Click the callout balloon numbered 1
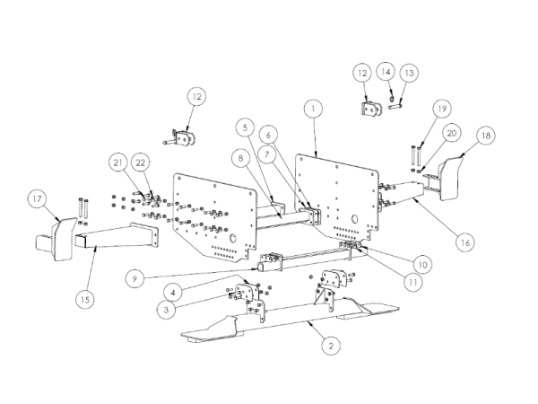313,109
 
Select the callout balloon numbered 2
331,346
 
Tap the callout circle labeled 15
85,300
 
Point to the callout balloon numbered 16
465,242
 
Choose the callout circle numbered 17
38,198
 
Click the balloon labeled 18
486,136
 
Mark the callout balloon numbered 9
134,278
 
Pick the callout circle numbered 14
386,72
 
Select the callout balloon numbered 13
409,73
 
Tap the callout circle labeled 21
118,162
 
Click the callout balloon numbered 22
141,162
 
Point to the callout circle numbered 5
245,127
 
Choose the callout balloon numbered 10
422,265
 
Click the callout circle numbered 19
442,109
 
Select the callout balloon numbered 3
167,310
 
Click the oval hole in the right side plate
355,218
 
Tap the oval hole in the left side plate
233,238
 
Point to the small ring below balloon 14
391,100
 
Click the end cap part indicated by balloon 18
450,179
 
